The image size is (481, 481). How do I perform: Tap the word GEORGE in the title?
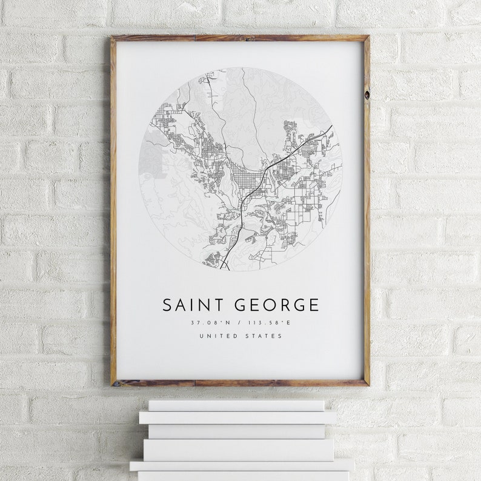(x=276, y=305)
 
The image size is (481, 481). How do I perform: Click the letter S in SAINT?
(x=167, y=305)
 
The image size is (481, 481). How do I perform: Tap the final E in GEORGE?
(x=313, y=305)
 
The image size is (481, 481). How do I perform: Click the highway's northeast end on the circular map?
(x=331, y=127)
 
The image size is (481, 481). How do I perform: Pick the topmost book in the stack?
(x=237, y=405)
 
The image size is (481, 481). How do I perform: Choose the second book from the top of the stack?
(x=237, y=417)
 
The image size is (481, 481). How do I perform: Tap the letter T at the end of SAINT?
(x=217, y=305)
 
